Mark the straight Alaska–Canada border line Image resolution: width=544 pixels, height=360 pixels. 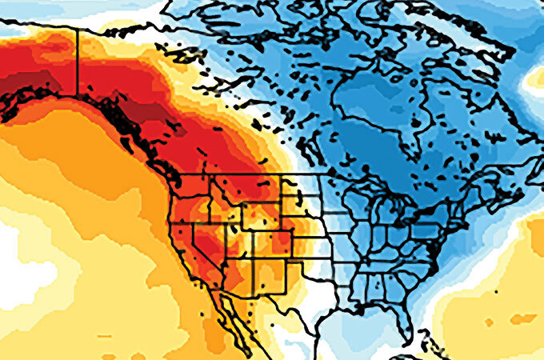(78, 61)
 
